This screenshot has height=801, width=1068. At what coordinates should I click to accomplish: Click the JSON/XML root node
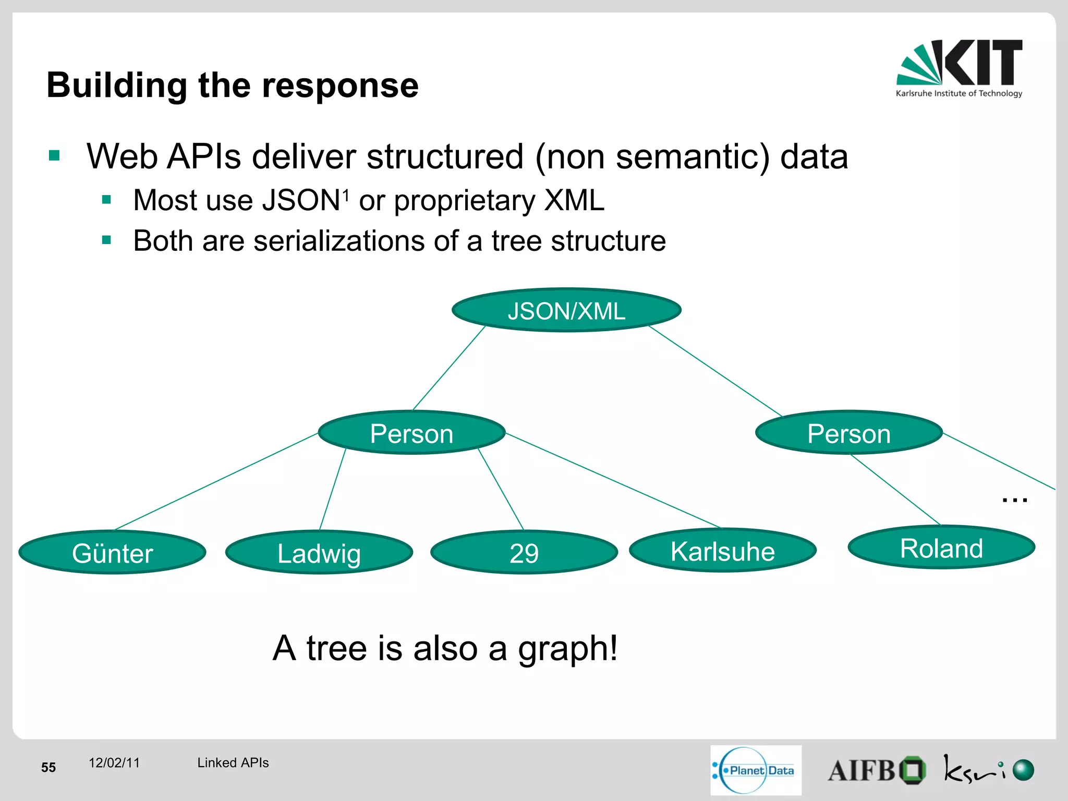tap(566, 310)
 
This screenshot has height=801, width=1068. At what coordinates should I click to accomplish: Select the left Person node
tap(411, 433)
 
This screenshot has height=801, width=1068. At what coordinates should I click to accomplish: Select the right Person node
tap(848, 433)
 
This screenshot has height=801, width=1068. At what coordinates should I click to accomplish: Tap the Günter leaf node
tap(112, 552)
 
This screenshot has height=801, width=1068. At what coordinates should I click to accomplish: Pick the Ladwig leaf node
tap(319, 552)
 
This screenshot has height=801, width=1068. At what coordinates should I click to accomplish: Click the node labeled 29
tap(524, 552)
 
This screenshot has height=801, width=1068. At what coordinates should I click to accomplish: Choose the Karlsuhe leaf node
tap(722, 550)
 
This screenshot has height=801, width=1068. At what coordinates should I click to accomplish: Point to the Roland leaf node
tap(941, 548)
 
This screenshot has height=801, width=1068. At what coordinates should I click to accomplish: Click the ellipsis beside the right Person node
tap(1014, 500)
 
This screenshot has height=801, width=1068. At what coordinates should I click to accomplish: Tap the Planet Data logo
tap(756, 770)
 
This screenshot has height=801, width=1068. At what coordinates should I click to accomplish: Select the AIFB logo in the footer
tap(877, 770)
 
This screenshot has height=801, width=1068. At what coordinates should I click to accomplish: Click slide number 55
tap(48, 767)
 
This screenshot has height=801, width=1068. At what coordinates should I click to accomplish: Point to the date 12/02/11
tap(114, 762)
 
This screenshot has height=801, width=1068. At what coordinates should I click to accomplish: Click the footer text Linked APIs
tap(233, 762)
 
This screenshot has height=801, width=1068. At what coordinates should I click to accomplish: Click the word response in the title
tap(340, 86)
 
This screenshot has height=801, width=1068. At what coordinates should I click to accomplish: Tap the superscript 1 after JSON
tap(345, 195)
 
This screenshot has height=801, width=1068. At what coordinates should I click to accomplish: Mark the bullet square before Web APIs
tap(54, 155)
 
